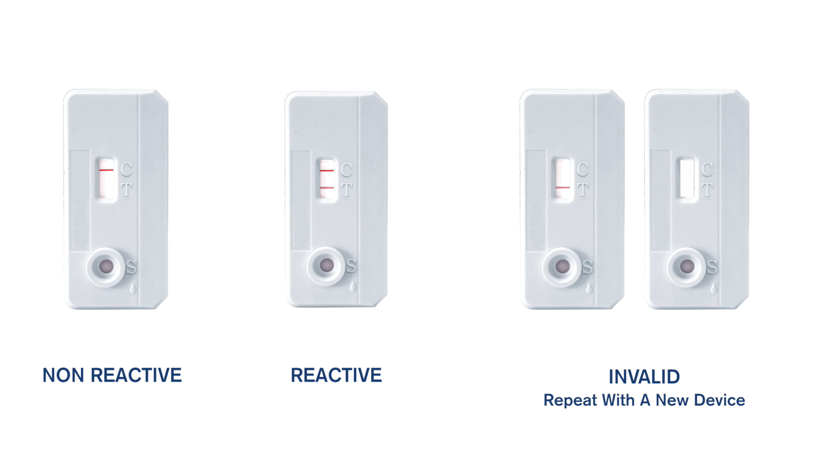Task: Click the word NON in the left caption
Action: (64, 375)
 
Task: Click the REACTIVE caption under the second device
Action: (336, 375)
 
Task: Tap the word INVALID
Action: (644, 377)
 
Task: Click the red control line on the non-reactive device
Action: (106, 170)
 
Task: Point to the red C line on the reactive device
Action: (327, 171)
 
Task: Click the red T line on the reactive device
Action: (327, 188)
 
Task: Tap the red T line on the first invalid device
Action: (563, 188)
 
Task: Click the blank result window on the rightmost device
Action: (687, 178)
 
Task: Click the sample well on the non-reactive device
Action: (106, 267)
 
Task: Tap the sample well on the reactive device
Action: (327, 265)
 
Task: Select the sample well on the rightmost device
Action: (687, 266)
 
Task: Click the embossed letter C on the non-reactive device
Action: (126, 169)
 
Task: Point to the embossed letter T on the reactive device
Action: (347, 189)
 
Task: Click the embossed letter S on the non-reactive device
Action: (131, 267)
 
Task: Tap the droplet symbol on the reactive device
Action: (353, 286)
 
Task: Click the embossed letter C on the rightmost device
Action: (707, 169)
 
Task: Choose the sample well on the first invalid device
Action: (563, 266)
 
